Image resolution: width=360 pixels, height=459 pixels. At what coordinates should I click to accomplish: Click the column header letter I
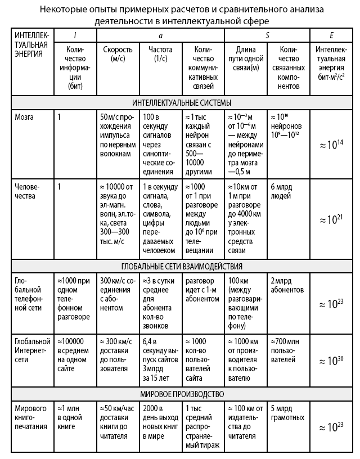click(75, 35)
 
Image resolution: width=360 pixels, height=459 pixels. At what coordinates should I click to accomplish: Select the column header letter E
click(332, 35)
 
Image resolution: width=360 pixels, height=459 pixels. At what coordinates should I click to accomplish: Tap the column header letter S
click(267, 35)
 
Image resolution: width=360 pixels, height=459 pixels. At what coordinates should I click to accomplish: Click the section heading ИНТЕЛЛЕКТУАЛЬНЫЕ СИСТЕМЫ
click(182, 102)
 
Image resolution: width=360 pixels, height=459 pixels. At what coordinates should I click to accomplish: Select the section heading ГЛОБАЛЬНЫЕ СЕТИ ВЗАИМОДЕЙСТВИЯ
click(182, 266)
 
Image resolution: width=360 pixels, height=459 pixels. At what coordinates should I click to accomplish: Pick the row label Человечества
click(29, 191)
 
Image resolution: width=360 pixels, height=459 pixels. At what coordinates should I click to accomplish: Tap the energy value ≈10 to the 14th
click(331, 145)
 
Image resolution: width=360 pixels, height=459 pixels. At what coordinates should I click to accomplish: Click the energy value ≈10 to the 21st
click(331, 219)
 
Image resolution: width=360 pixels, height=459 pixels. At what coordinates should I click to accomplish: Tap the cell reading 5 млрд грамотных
click(287, 413)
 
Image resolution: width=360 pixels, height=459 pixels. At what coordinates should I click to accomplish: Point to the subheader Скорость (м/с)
click(118, 55)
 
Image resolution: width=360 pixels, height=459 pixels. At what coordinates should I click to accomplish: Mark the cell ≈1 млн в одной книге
click(73, 413)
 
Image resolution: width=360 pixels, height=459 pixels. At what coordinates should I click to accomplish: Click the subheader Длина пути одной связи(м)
click(246, 59)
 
